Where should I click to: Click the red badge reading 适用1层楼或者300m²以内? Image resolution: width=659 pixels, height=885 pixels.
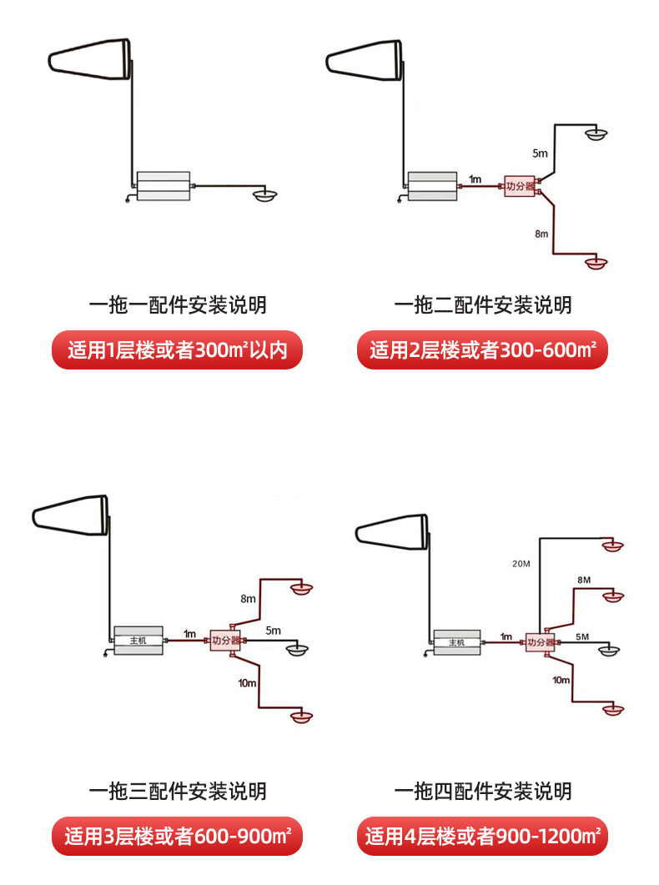pyautogui.click(x=178, y=350)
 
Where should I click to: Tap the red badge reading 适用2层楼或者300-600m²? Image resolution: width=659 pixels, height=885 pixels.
pyautogui.click(x=483, y=350)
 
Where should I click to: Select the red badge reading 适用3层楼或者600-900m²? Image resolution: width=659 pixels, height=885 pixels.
pyautogui.click(x=178, y=836)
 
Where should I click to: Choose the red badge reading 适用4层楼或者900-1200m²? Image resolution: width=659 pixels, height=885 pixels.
pyautogui.click(x=483, y=836)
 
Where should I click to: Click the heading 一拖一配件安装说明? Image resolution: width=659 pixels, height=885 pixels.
pyautogui.click(x=178, y=304)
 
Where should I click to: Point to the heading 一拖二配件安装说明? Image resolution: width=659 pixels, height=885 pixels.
pyautogui.click(x=483, y=304)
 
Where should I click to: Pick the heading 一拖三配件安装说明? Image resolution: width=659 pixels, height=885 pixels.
pyautogui.click(x=178, y=790)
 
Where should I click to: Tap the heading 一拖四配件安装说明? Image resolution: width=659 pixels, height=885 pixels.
pyautogui.click(x=483, y=790)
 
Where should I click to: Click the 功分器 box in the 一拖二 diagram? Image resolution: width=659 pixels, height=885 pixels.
pyautogui.click(x=519, y=186)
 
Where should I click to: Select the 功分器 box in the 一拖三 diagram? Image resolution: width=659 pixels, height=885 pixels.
pyautogui.click(x=225, y=641)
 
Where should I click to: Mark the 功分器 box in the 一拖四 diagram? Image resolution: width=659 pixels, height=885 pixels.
pyautogui.click(x=540, y=642)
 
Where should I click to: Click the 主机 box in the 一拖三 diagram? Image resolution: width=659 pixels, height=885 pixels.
pyautogui.click(x=138, y=641)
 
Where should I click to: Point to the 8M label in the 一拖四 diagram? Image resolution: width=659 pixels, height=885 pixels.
pyautogui.click(x=584, y=580)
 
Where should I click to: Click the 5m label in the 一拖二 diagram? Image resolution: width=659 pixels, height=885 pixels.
pyautogui.click(x=541, y=153)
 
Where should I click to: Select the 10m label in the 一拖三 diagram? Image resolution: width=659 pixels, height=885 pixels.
pyautogui.click(x=247, y=683)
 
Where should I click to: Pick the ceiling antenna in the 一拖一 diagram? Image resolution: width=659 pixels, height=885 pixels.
pyautogui.click(x=266, y=195)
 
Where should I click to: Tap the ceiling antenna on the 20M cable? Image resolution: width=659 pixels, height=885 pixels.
pyautogui.click(x=613, y=546)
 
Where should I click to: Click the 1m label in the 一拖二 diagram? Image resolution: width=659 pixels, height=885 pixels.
pyautogui.click(x=475, y=179)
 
